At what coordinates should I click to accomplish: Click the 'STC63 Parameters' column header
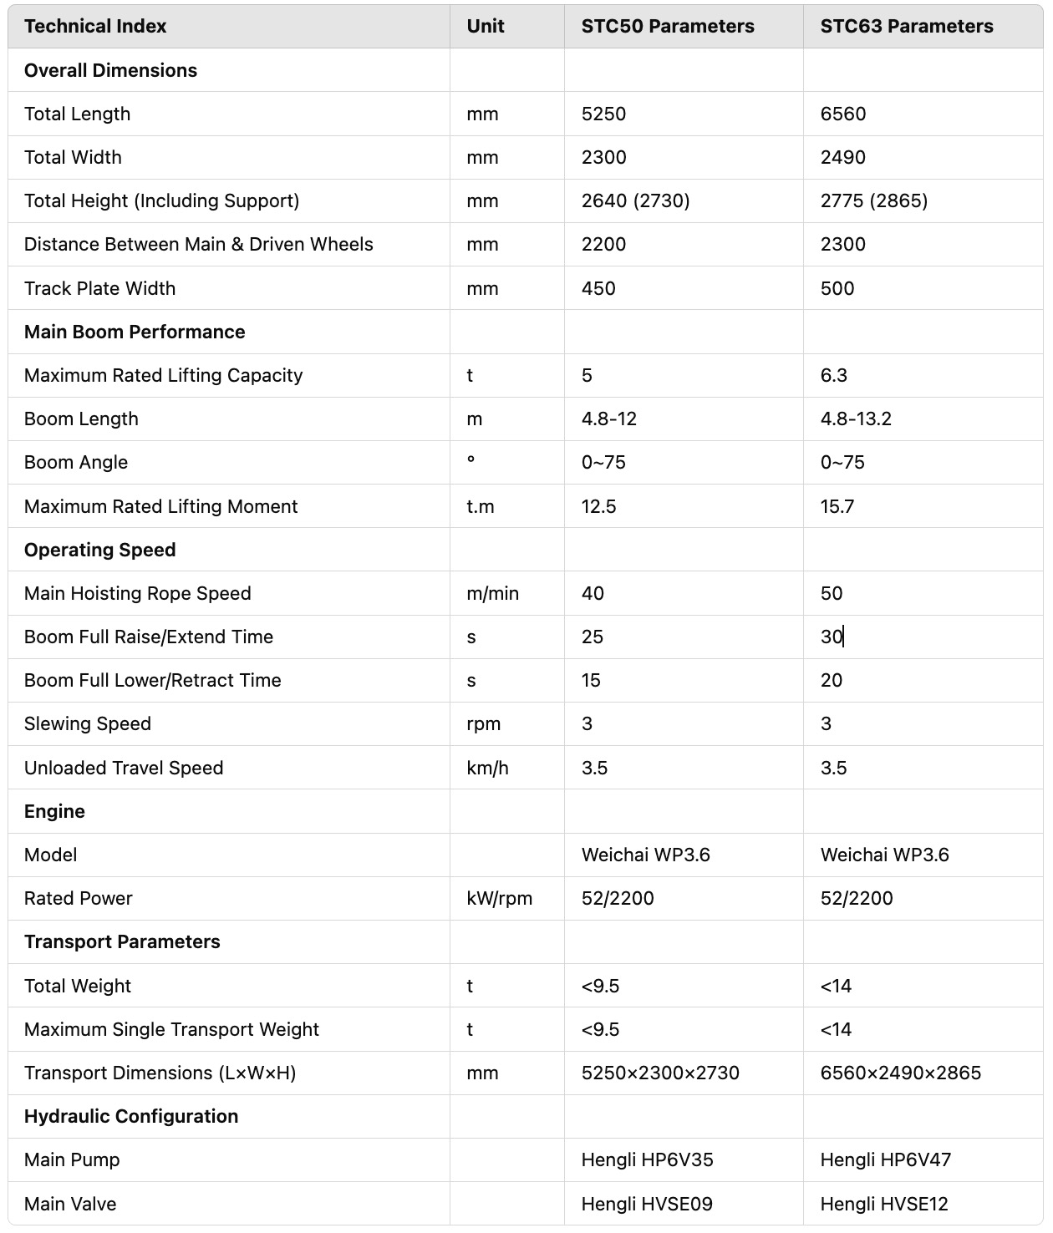[906, 27]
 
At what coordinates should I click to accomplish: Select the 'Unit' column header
[485, 27]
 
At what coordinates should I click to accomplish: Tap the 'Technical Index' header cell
[95, 27]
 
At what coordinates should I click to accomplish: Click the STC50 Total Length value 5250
[603, 114]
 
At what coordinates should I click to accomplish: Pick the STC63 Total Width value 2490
[842, 158]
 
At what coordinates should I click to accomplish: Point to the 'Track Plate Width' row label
[99, 289]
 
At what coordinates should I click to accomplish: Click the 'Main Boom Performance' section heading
[135, 332]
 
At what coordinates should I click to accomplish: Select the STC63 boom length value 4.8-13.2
[856, 419]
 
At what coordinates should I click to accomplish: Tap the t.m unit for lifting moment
[480, 507]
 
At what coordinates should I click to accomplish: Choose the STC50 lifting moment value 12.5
[598, 507]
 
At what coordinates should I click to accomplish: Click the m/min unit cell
[492, 594]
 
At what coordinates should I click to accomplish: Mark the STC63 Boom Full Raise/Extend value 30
[832, 637]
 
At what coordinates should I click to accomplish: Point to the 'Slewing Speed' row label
[88, 724]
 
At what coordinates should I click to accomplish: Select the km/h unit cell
[487, 769]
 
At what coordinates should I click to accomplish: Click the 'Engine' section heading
[54, 812]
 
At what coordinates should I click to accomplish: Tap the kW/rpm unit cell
[499, 899]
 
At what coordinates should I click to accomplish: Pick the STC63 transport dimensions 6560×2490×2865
[900, 1073]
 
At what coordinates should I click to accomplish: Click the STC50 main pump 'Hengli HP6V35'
[647, 1160]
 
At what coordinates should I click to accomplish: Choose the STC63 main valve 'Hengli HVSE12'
[884, 1205]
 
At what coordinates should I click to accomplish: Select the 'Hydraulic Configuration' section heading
[131, 1117]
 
